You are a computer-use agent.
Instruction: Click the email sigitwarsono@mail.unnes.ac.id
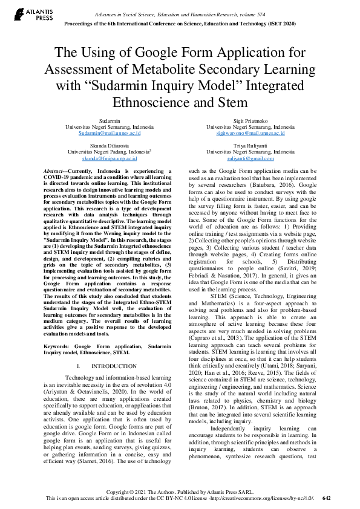250,132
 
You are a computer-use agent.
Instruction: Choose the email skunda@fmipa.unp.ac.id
110,158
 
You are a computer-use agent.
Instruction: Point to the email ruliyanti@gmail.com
250,158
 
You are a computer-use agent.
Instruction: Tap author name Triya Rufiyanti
250,147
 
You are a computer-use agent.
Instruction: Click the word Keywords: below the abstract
56,346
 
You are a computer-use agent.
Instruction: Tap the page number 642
327,499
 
